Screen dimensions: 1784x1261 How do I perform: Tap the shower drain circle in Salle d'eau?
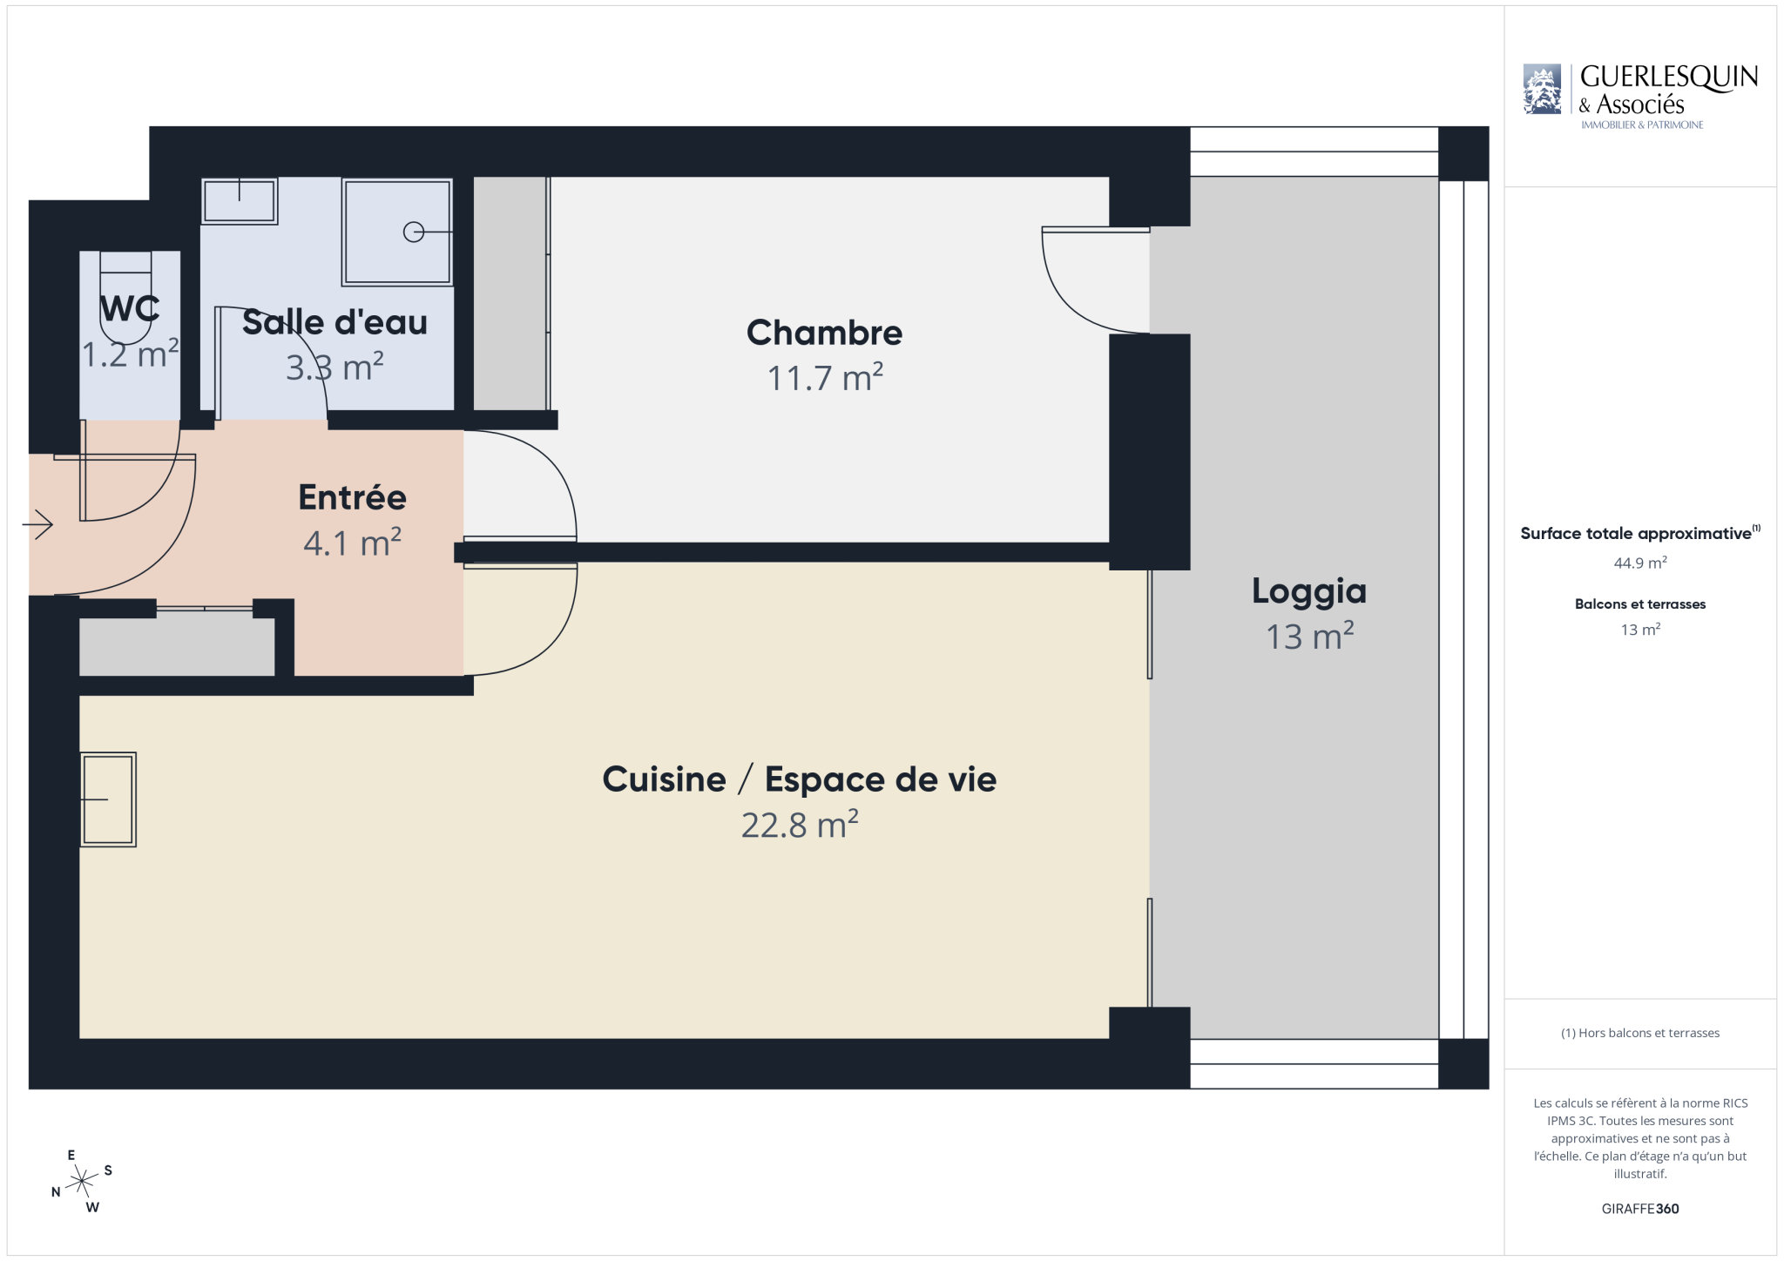[x=414, y=232]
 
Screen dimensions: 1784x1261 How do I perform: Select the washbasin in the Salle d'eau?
[x=240, y=201]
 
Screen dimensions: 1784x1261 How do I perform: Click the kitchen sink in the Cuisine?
[x=108, y=799]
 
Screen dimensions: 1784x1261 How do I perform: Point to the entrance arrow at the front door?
[x=37, y=524]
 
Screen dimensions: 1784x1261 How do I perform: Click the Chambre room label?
[x=824, y=333]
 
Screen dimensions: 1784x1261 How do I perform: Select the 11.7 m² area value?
[x=825, y=378]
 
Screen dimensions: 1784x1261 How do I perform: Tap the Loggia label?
[x=1309, y=592]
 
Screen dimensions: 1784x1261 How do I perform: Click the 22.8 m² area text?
[x=800, y=825]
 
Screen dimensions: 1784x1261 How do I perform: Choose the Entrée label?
[x=353, y=497]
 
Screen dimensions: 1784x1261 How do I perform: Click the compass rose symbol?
[x=82, y=1181]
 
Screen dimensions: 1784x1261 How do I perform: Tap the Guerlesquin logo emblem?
[x=1542, y=89]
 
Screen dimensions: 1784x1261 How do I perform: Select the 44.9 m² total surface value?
[x=1640, y=563]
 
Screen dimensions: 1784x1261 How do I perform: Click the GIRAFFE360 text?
[x=1640, y=1209]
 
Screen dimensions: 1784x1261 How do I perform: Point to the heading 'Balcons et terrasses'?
[x=1640, y=604]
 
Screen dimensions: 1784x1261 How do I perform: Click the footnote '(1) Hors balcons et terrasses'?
[x=1640, y=1033]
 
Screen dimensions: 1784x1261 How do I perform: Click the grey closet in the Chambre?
[x=510, y=293]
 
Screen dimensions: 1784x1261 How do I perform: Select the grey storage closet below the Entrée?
[x=178, y=646]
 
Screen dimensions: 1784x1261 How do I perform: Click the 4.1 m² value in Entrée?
[x=353, y=543]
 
